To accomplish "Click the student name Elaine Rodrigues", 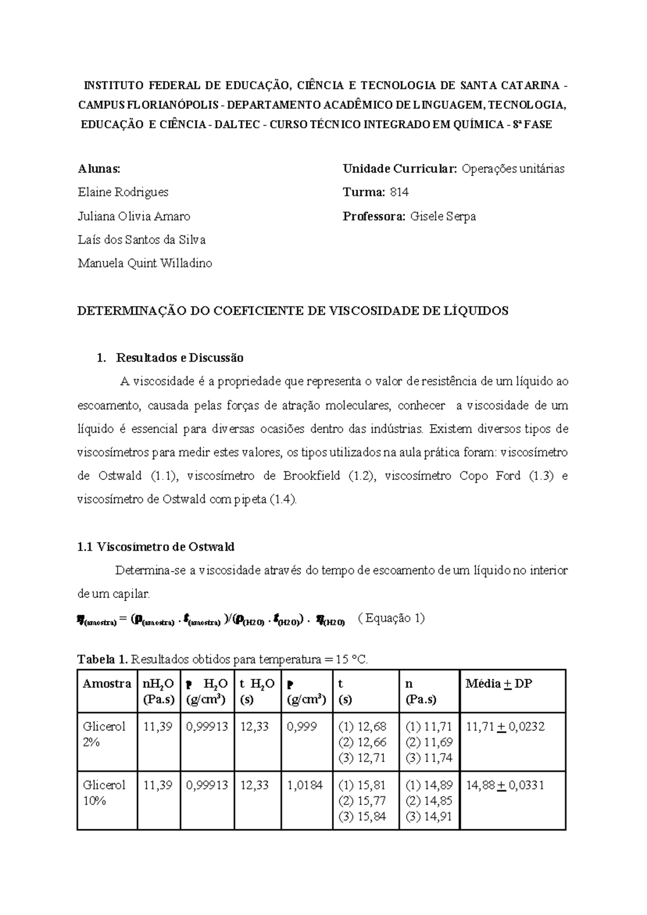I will (x=123, y=192).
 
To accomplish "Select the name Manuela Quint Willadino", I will (x=144, y=264).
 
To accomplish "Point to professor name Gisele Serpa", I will (x=443, y=217).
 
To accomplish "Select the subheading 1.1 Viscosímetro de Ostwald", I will (x=156, y=547).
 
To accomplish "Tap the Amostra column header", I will (x=107, y=684).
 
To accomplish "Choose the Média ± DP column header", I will (x=499, y=684).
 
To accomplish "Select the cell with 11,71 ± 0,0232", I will (x=505, y=727).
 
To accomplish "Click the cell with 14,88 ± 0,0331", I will (x=505, y=785).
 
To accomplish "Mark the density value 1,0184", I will (x=305, y=785).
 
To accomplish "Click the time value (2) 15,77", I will (x=362, y=801).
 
